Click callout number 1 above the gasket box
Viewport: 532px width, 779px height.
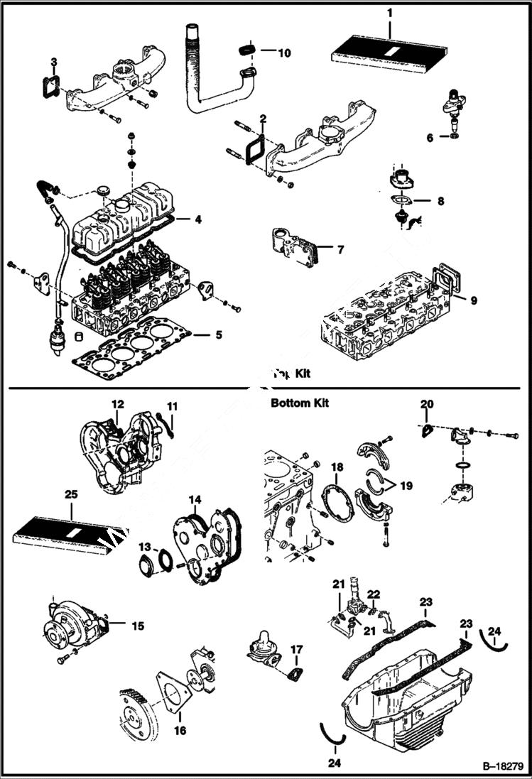(389, 12)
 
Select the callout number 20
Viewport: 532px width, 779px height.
(426, 404)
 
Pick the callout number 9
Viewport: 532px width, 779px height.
(473, 300)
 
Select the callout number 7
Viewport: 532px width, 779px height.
(340, 250)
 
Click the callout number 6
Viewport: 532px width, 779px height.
(430, 138)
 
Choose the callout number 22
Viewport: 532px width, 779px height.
(374, 594)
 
